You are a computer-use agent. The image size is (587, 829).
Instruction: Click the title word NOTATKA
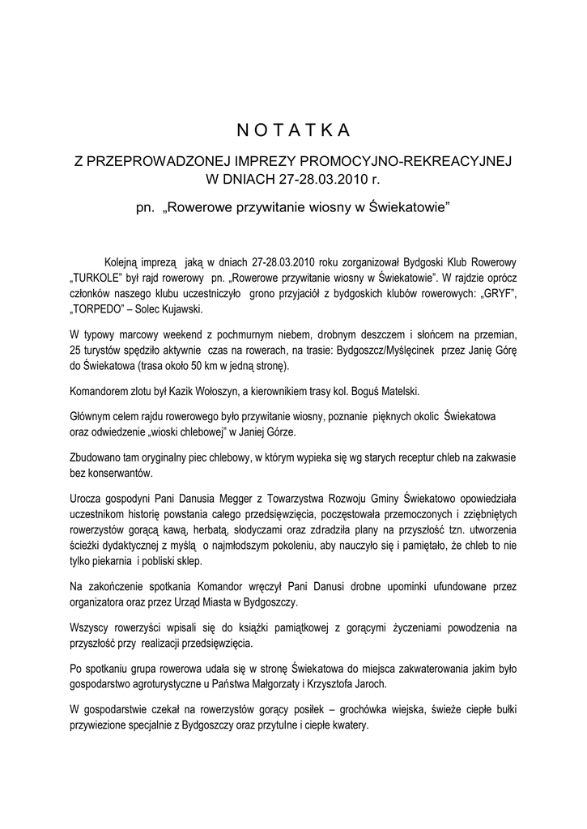[x=293, y=130]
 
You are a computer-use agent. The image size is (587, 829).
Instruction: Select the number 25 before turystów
[x=77, y=350]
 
